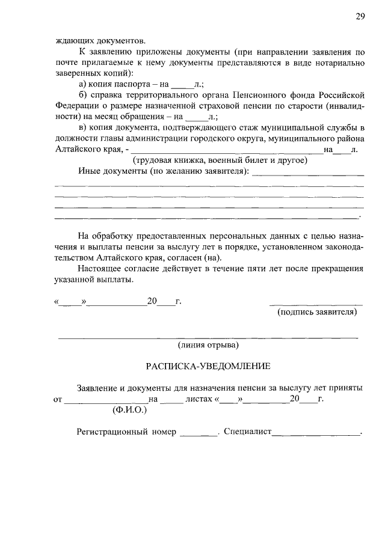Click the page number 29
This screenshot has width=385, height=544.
tap(360, 16)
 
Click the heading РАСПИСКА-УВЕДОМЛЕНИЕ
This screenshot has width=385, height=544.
tap(209, 366)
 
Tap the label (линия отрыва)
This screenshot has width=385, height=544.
tap(208, 345)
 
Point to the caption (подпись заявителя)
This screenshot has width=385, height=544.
tap(317, 312)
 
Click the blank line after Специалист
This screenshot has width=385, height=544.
tap(316, 432)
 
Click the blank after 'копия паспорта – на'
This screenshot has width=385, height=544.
tap(180, 85)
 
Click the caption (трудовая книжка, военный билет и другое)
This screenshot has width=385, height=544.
tap(220, 160)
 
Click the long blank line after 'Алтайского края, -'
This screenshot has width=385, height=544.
tap(226, 150)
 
